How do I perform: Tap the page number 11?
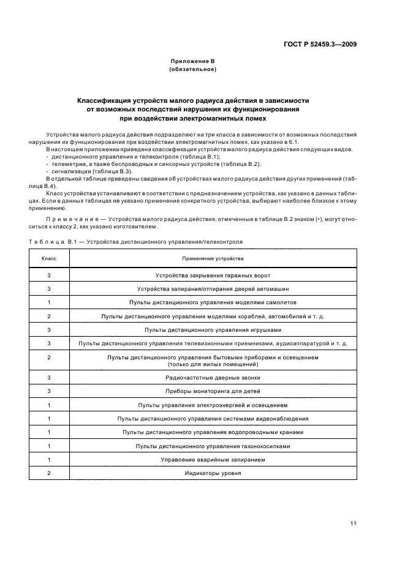tap(354, 523)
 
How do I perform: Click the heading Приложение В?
tap(192, 62)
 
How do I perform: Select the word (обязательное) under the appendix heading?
tap(192, 70)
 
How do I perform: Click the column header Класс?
tap(48, 258)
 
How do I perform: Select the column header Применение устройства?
tap(213, 258)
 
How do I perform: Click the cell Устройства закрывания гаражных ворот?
tap(213, 276)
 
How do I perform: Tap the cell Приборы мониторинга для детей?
tap(213, 391)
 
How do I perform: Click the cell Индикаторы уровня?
tap(213, 473)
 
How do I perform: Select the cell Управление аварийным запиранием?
tap(213, 460)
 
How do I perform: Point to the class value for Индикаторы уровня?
tap(48, 473)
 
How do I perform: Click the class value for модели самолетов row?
tap(48, 303)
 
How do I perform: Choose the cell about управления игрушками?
tap(213, 330)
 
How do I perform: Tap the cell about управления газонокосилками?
tap(213, 446)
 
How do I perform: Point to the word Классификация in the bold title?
tap(108, 100)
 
